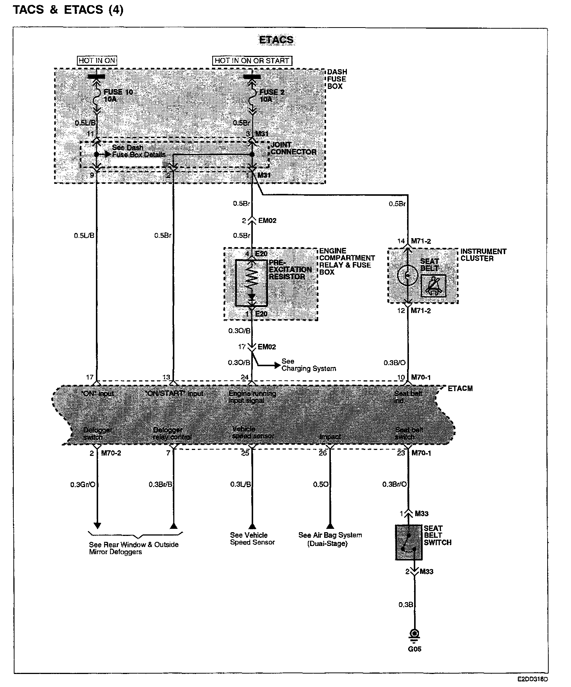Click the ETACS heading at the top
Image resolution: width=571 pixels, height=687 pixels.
point(276,40)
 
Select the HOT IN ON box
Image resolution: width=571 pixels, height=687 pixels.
point(97,61)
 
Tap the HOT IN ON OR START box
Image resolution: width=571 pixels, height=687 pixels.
point(252,61)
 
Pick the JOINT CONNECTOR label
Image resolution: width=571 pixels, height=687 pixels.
point(293,148)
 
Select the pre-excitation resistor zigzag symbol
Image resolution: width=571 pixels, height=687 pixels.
point(252,278)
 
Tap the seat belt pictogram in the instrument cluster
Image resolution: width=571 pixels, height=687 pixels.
point(433,286)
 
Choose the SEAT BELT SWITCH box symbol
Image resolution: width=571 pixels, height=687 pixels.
point(409,542)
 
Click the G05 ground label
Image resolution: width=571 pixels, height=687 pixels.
point(414,649)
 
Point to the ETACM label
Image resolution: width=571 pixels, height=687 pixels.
point(460,389)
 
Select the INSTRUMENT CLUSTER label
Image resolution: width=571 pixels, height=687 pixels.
point(483,255)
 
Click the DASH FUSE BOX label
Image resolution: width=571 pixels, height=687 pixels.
point(337,79)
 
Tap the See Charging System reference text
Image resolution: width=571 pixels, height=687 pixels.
point(309,365)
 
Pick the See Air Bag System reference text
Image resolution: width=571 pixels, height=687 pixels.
point(330,539)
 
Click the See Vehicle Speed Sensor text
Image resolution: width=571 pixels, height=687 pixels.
point(252,539)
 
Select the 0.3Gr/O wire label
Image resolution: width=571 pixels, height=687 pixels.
point(83,485)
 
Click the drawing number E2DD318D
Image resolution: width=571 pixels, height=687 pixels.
point(533,679)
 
